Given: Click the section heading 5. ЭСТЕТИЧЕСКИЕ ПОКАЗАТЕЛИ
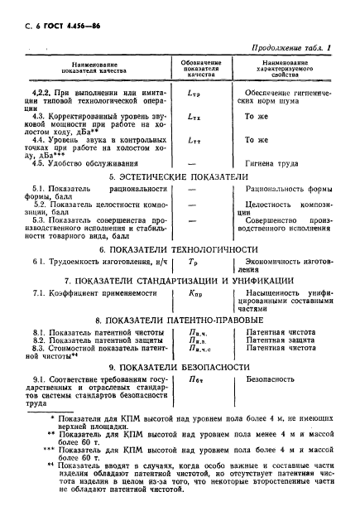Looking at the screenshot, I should point(180,177).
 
